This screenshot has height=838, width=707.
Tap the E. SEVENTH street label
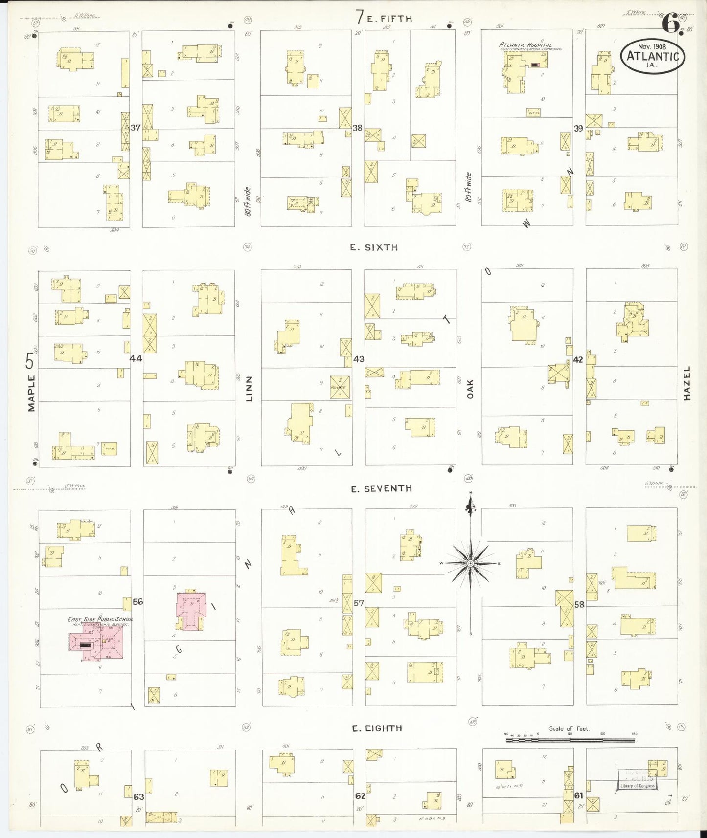tap(381, 488)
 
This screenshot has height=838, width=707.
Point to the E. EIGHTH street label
tap(377, 728)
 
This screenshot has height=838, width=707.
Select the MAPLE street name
tap(32, 393)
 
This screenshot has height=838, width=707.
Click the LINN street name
tap(250, 389)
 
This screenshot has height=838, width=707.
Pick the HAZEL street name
tap(687, 384)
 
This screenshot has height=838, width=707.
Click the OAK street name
tap(470, 389)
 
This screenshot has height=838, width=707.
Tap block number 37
tap(136, 128)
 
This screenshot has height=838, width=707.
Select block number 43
tap(359, 359)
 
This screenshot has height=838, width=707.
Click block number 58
tap(579, 604)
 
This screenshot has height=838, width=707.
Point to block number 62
tap(360, 796)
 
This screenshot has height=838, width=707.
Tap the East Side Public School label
tap(100, 619)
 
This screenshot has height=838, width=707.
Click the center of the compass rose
tap(470, 563)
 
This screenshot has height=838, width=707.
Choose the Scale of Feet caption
tap(569, 728)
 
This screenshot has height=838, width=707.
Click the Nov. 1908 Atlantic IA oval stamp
tap(653, 56)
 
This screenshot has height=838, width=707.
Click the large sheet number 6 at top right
tap(670, 22)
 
